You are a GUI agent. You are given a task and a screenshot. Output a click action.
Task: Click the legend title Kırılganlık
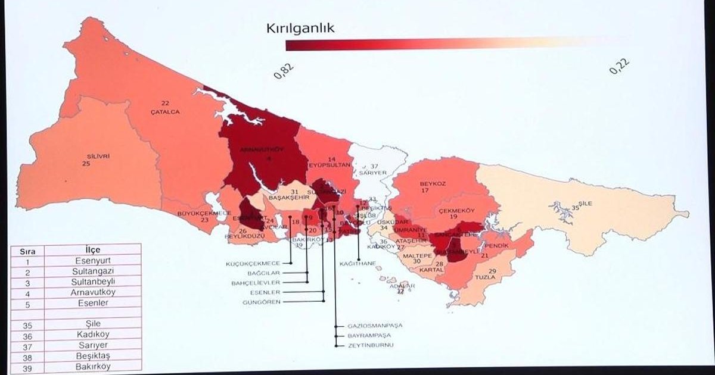pos(309,28)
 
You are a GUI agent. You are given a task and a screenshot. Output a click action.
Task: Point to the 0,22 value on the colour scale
pos(619,67)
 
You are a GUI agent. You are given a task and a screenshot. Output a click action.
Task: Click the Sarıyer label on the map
pos(373,173)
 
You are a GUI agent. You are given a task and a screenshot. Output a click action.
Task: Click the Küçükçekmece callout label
pos(253,263)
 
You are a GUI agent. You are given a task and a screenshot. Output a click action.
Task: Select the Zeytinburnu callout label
pos(371,345)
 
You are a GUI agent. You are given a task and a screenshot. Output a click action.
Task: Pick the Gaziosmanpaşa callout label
pos(376,326)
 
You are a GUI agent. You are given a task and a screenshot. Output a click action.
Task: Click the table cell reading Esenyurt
pos(93,261)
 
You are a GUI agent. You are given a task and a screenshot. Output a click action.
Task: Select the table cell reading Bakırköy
pos(93,367)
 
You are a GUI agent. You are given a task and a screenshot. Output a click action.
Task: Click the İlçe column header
pos(93,249)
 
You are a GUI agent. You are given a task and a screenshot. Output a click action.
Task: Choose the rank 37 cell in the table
pos(27,345)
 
